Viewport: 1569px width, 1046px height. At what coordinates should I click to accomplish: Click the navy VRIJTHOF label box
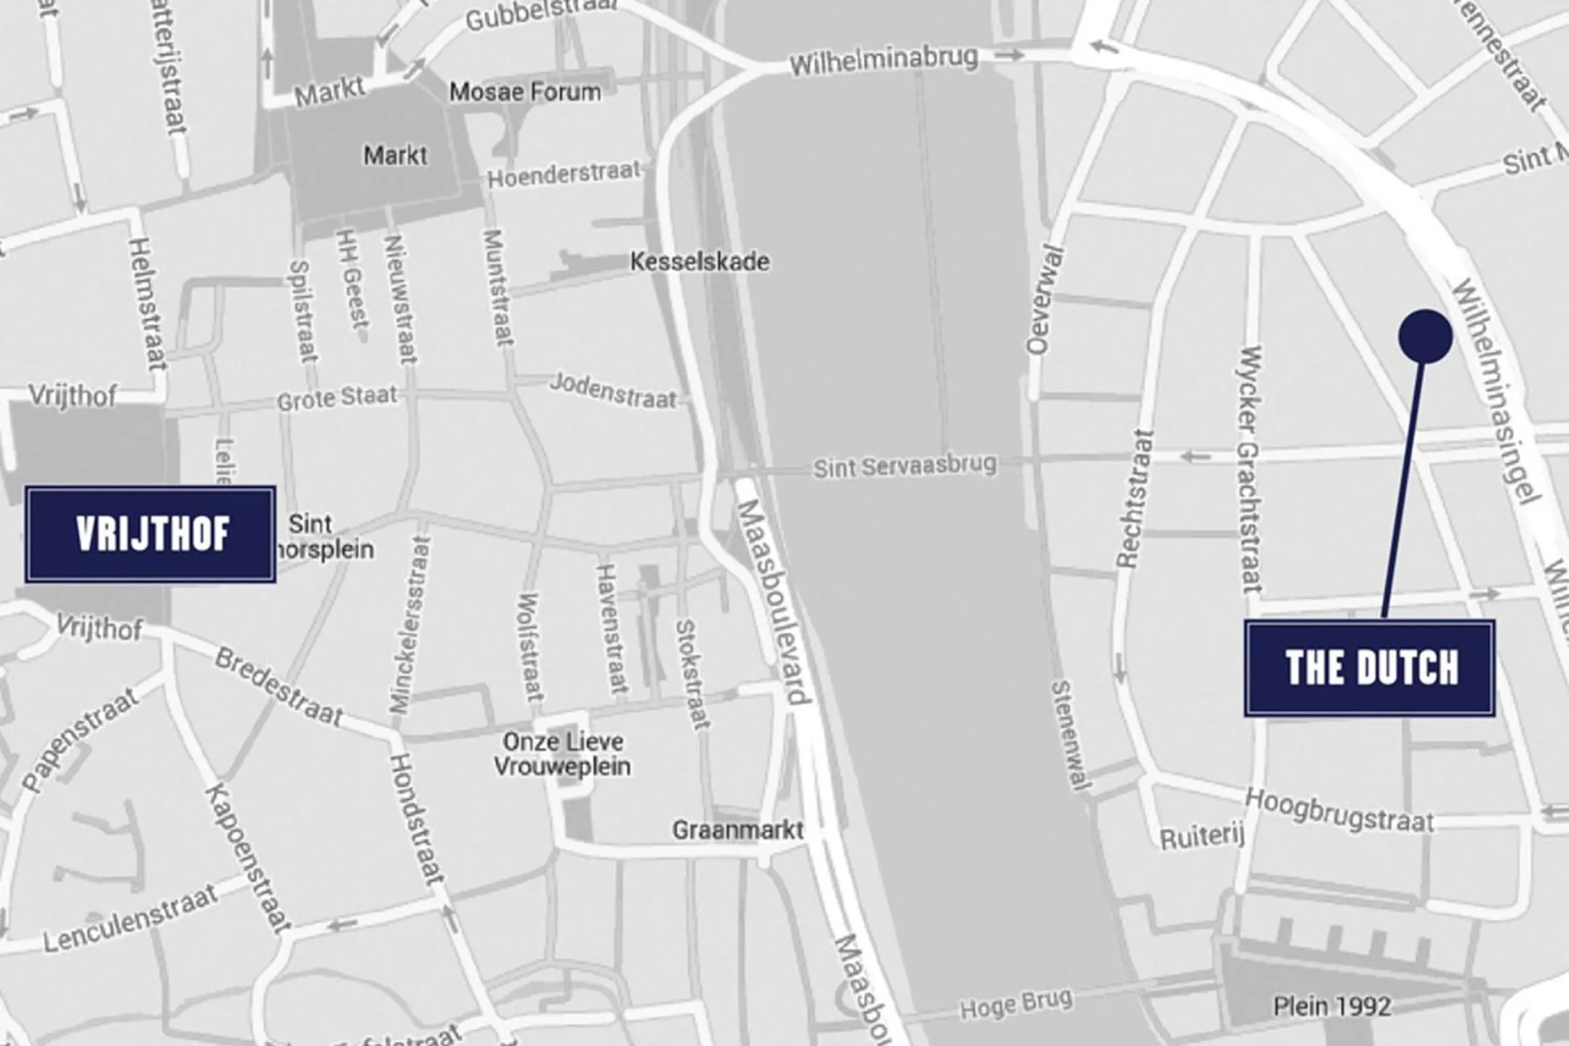(x=151, y=534)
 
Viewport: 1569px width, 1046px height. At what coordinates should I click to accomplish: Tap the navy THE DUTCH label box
(x=1369, y=668)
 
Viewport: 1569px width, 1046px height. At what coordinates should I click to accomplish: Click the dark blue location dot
(x=1425, y=336)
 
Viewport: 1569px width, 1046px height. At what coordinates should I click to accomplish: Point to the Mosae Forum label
(x=525, y=92)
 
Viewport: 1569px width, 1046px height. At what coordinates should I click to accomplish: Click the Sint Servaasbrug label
(x=905, y=467)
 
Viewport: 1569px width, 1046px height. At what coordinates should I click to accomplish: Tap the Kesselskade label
(x=700, y=262)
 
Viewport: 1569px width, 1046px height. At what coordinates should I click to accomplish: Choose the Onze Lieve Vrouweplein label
(x=563, y=754)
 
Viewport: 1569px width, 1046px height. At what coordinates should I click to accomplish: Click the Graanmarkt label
(x=738, y=830)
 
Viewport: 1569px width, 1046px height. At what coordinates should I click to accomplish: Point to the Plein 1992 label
(x=1332, y=1006)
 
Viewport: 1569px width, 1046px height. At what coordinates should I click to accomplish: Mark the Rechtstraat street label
(x=1135, y=499)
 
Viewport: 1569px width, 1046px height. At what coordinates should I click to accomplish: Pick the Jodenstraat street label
(x=613, y=390)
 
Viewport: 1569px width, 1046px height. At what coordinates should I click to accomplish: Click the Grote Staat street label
(x=337, y=398)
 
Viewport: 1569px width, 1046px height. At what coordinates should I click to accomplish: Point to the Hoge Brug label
(x=1016, y=1004)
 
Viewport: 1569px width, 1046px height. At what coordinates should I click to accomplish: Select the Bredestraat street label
(x=279, y=686)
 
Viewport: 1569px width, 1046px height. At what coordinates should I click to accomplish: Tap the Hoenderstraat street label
(x=564, y=174)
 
